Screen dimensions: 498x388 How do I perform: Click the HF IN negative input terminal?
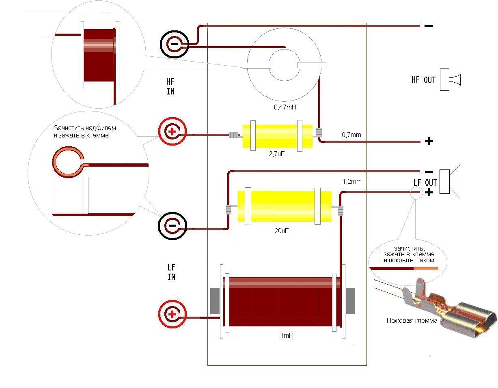pos(175,44)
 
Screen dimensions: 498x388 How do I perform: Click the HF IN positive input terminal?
pos(172,131)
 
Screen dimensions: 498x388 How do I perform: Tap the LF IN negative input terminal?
pos(172,225)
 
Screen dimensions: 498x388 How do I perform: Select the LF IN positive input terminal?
pos(172,314)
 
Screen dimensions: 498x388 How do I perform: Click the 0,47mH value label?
pos(285,107)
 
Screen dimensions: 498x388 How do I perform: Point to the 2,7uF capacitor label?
pos(276,154)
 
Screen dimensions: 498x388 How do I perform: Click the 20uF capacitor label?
pos(281,231)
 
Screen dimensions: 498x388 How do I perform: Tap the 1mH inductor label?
pos(287,336)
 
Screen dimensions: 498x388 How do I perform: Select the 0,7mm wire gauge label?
pos(351,135)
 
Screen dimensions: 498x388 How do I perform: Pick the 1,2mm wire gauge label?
pos(352,182)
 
